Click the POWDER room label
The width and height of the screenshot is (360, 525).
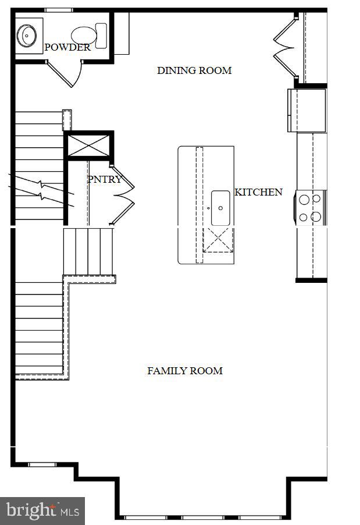[67, 48]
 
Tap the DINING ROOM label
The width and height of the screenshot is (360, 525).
[194, 70]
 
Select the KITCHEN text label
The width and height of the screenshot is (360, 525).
[258, 192]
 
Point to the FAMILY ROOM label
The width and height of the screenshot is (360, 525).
[184, 371]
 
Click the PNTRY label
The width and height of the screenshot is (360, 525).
[105, 179]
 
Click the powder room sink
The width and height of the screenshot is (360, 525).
[27, 36]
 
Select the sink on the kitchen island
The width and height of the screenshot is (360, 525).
[220, 208]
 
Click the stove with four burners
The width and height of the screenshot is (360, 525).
[311, 208]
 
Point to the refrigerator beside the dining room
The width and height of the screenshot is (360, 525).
[306, 110]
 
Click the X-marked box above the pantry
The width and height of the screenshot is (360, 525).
[88, 146]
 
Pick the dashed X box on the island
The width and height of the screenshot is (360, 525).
[218, 240]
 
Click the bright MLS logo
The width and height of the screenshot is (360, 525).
[42, 510]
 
